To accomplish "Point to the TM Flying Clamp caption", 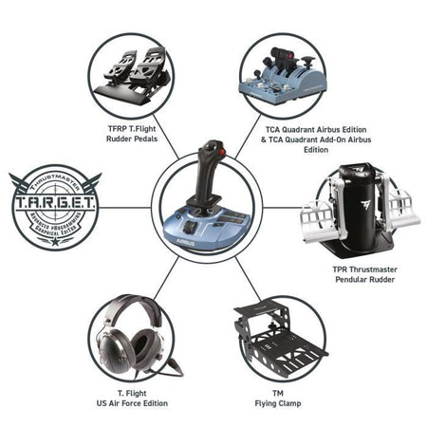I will (279, 398).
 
